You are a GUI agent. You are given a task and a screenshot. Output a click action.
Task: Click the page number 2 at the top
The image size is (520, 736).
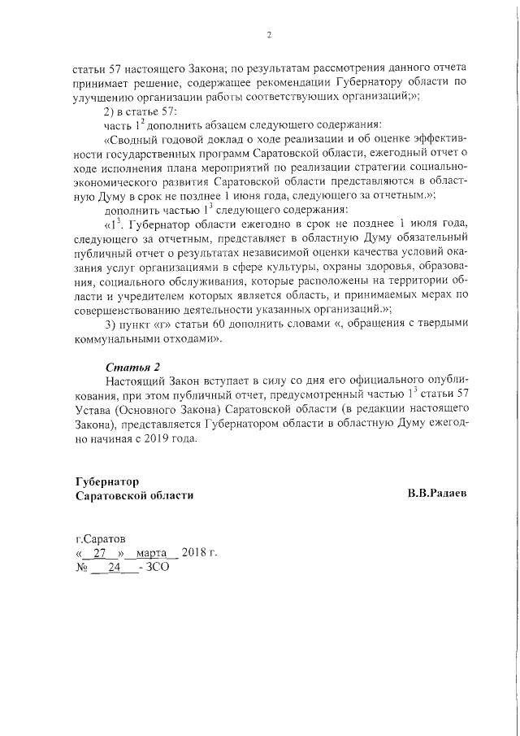tap(268, 34)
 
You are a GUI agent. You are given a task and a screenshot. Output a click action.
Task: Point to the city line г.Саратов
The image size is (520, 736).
tap(101, 538)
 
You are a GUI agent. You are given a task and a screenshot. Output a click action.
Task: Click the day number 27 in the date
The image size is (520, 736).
tap(100, 553)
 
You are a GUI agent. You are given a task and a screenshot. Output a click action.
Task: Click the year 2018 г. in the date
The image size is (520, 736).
tap(200, 553)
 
